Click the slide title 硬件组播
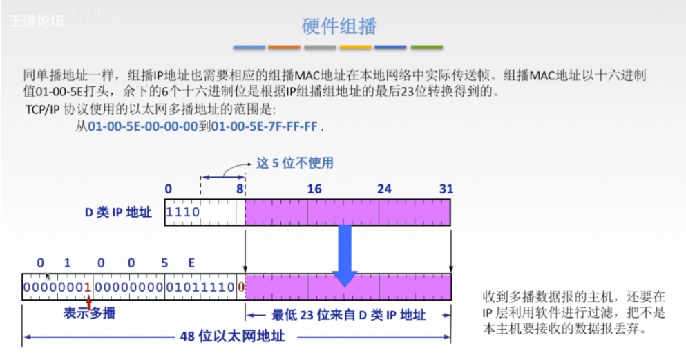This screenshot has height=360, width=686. click(x=339, y=26)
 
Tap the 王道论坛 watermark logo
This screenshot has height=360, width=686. click(x=37, y=20)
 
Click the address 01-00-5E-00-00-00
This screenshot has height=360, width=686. click(x=142, y=127)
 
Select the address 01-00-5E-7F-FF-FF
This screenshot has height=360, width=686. click(x=265, y=127)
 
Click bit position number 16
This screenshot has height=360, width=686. click(x=314, y=189)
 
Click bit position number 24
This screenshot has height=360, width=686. click(x=384, y=189)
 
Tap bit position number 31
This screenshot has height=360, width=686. click(x=446, y=189)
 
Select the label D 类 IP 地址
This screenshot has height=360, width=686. click(x=118, y=212)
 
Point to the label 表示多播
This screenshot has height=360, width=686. click(x=90, y=314)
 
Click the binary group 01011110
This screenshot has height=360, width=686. click(x=200, y=286)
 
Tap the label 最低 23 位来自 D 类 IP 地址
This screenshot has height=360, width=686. click(x=349, y=315)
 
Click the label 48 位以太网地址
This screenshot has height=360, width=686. click(x=231, y=338)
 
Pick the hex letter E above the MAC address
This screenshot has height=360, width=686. click(x=191, y=263)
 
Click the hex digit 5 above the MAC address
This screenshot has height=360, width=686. click(x=164, y=263)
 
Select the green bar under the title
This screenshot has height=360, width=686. click(x=426, y=48)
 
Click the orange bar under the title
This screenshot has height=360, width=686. click(x=284, y=48)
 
